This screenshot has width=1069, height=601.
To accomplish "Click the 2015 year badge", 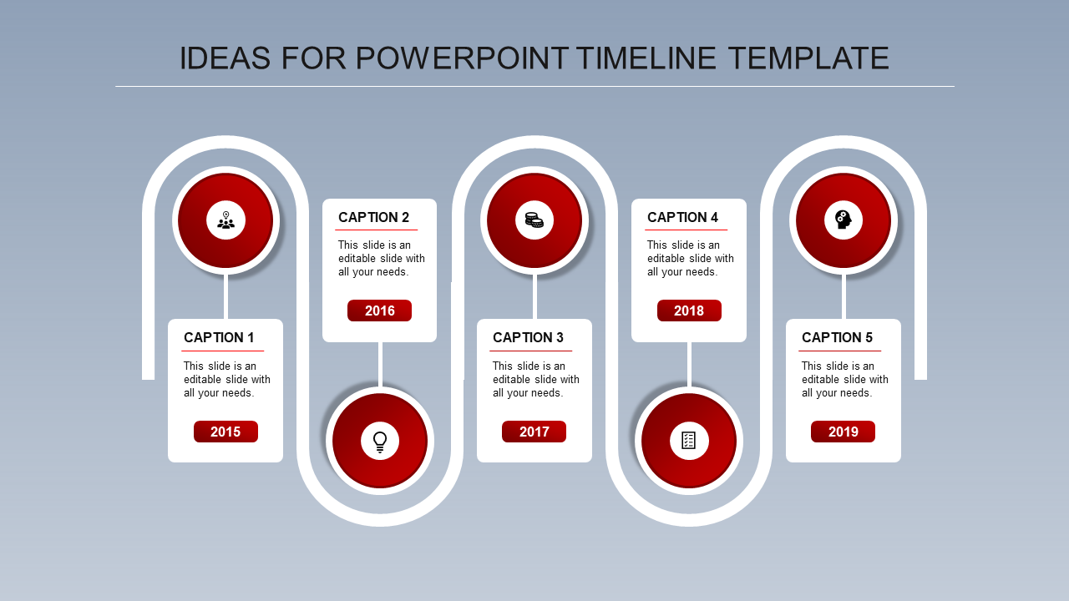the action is click(225, 432).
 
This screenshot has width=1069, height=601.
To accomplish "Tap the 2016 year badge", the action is click(379, 311).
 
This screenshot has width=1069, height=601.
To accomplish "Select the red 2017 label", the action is click(534, 432).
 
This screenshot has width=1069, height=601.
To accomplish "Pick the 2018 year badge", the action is click(689, 311).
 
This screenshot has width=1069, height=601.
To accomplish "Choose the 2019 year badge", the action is click(843, 432).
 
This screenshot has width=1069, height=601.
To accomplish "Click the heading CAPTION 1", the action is click(219, 338).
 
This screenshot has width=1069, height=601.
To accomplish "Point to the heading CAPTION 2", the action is click(373, 218).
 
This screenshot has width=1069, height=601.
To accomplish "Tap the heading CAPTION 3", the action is click(529, 338).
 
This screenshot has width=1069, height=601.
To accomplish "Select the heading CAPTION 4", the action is click(682, 218).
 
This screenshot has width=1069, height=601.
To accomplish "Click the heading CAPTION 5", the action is click(837, 338).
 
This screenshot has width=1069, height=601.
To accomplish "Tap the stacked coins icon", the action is click(534, 220).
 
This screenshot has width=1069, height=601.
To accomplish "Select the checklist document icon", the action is click(689, 440).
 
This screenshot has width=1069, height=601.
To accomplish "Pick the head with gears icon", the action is click(843, 220).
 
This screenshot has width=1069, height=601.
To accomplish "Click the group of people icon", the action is click(225, 220).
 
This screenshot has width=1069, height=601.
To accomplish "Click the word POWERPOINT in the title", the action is click(463, 58).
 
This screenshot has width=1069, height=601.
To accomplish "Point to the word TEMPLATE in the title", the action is click(808, 58).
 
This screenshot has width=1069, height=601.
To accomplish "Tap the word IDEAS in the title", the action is click(225, 58).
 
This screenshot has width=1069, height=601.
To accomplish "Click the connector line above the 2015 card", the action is click(225, 296).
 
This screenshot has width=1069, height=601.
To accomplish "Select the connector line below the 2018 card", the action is click(689, 365).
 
